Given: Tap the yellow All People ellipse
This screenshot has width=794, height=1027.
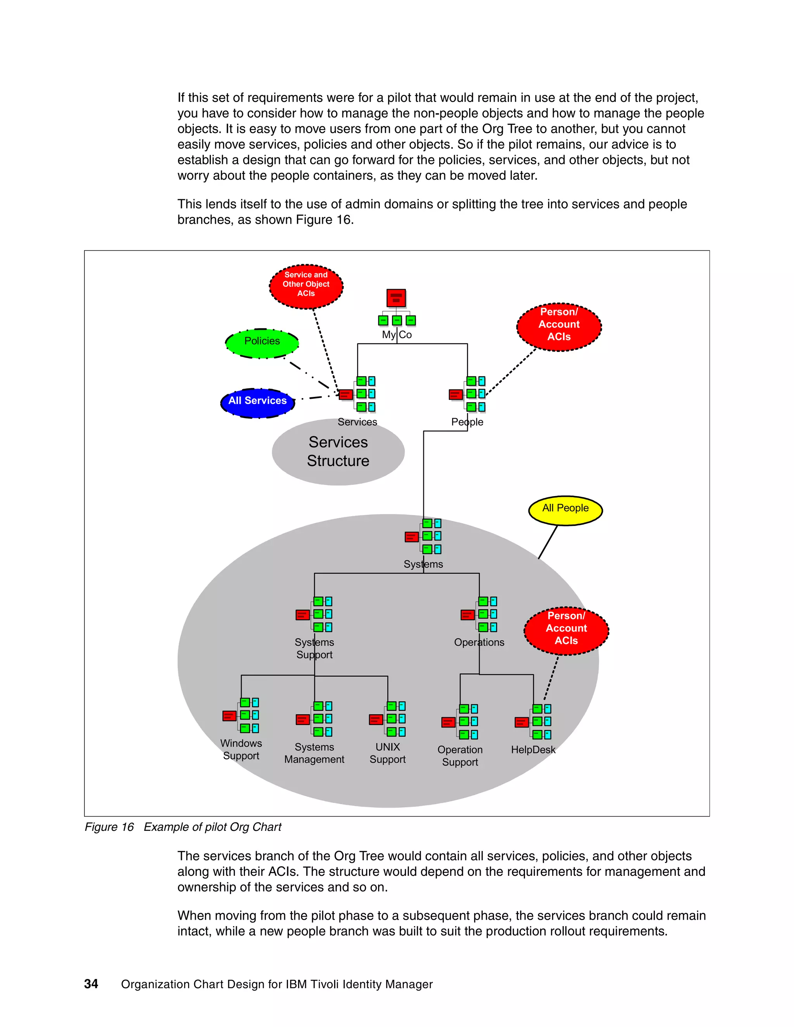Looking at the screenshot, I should pyautogui.click(x=565, y=509).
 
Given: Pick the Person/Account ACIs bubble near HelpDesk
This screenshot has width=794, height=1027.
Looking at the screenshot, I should pyautogui.click(x=566, y=630).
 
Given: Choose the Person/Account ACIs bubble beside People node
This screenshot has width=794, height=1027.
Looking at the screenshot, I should pyautogui.click(x=559, y=326).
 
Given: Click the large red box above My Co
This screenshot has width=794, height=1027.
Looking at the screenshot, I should pyautogui.click(x=396, y=298).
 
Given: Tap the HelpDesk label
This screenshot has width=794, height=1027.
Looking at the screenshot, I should pyautogui.click(x=533, y=750).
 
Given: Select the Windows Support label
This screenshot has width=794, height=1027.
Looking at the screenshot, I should pyautogui.click(x=241, y=749).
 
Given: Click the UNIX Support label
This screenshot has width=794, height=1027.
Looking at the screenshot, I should pyautogui.click(x=387, y=753).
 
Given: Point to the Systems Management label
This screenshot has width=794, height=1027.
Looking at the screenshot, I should pyautogui.click(x=314, y=753).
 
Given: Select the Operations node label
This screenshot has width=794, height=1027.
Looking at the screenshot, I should pyautogui.click(x=479, y=642).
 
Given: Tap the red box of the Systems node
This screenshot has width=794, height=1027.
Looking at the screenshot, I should pyautogui.click(x=411, y=536).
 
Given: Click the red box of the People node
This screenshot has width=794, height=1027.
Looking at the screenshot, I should pyautogui.click(x=455, y=394).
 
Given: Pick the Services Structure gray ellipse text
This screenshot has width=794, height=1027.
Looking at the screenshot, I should pyautogui.click(x=338, y=451).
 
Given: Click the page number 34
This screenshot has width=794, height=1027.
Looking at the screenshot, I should pyautogui.click(x=91, y=984).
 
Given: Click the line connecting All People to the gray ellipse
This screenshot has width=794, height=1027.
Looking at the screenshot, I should pyautogui.click(x=548, y=542).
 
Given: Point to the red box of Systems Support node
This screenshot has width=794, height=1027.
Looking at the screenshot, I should pyautogui.click(x=302, y=615).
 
